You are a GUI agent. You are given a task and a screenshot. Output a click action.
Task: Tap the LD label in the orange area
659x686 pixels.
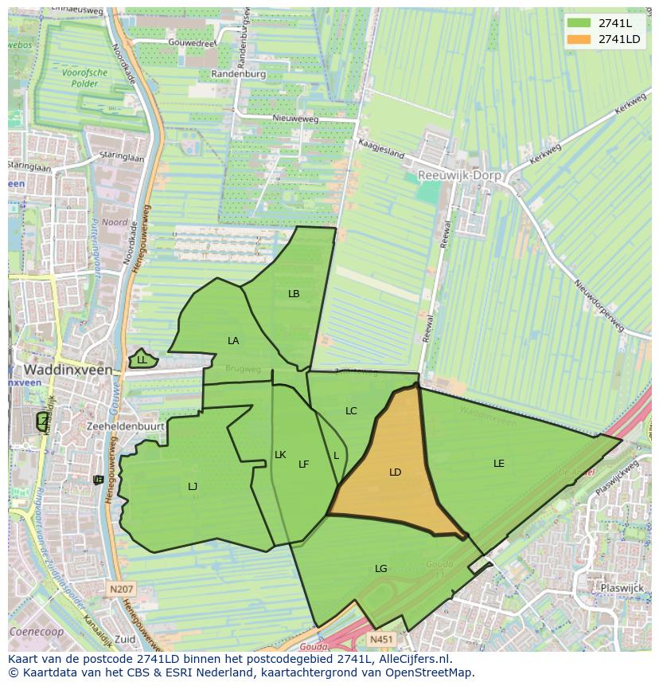[x=395, y=472]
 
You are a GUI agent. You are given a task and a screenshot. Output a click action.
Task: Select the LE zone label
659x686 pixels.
[x=499, y=463]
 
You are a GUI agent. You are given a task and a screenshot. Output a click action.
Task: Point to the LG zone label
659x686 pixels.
[x=381, y=569]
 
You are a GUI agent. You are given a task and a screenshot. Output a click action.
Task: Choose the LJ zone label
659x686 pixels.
[x=193, y=486]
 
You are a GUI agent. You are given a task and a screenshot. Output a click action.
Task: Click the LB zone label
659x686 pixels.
[x=294, y=293]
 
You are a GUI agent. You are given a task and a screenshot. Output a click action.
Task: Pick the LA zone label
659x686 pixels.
[x=233, y=341]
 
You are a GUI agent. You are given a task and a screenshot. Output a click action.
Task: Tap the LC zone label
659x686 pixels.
[x=351, y=411]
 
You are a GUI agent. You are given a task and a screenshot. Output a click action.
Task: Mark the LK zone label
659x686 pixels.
[x=280, y=455]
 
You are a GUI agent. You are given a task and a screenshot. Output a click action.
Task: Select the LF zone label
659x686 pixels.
[x=303, y=464]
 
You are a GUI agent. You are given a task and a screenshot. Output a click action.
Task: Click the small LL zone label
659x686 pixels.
[x=142, y=360]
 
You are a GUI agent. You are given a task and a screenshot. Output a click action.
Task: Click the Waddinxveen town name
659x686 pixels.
[x=66, y=370]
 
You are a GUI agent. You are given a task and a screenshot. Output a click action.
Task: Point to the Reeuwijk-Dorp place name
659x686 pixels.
[x=458, y=174]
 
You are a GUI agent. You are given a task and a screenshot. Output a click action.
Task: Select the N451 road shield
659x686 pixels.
[x=380, y=638]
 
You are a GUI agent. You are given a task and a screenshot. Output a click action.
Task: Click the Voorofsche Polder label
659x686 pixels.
[x=84, y=77]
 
